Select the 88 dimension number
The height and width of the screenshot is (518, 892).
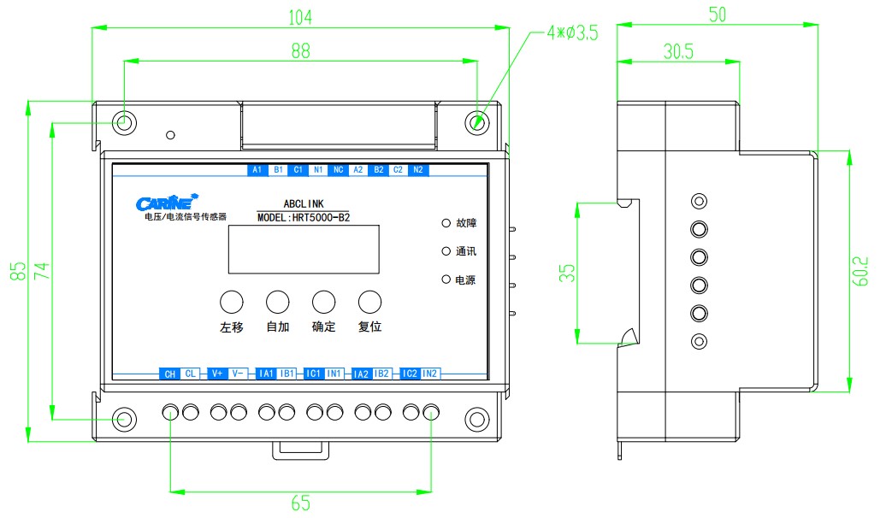pyautogui.click(x=300, y=50)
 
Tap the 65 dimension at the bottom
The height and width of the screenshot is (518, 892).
pyautogui.click(x=300, y=503)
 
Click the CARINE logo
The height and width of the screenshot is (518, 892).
pyautogui.click(x=167, y=203)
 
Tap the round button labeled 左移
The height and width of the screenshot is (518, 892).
pyautogui.click(x=232, y=301)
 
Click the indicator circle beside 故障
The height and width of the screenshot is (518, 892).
pyautogui.click(x=446, y=223)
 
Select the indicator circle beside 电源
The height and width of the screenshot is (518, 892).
pyautogui.click(x=446, y=280)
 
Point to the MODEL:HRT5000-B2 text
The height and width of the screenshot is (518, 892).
pyautogui.click(x=304, y=218)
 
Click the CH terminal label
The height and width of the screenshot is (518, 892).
pyautogui.click(x=169, y=374)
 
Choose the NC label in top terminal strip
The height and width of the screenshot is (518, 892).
pyautogui.click(x=338, y=170)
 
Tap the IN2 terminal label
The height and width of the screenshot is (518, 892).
pyautogui.click(x=430, y=374)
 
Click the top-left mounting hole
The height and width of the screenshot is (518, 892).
pyautogui.click(x=125, y=121)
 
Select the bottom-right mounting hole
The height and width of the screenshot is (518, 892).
pyautogui.click(x=476, y=419)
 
